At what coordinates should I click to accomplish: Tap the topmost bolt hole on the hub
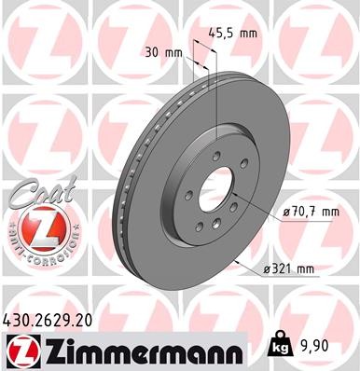pyautogui.click(x=215, y=158)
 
